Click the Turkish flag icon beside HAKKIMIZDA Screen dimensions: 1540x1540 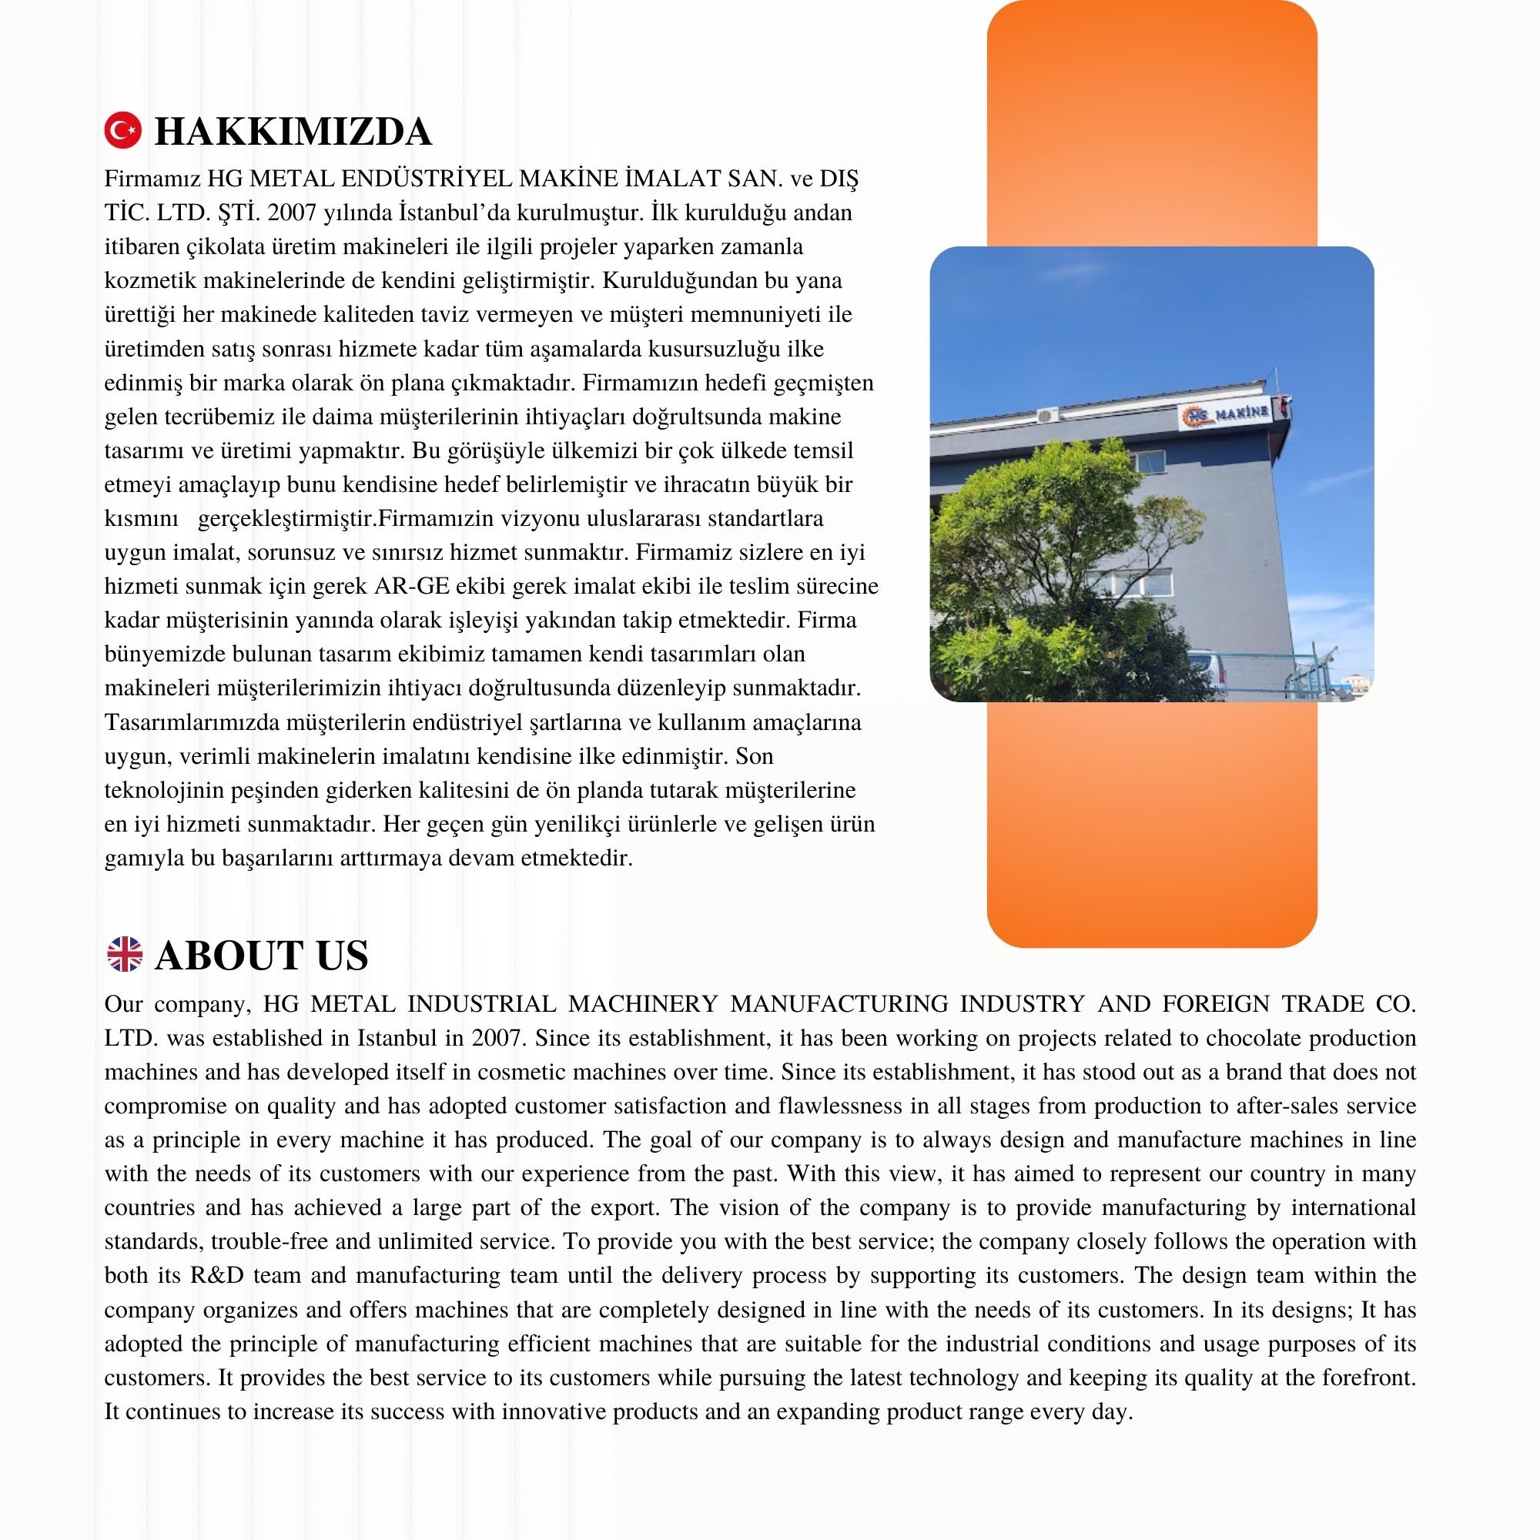click(x=122, y=131)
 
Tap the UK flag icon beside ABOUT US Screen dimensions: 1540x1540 click(x=124, y=954)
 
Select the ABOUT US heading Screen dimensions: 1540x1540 click(x=262, y=955)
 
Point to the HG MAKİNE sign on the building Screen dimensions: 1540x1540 click(x=1227, y=413)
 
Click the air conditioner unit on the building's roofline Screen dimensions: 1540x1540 click(x=1046, y=414)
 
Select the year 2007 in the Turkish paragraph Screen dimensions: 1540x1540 click(x=291, y=213)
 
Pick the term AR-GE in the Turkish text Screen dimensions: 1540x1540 click(x=411, y=587)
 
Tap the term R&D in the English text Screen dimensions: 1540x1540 click(x=217, y=1274)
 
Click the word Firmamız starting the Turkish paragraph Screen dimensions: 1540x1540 click(x=152, y=179)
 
